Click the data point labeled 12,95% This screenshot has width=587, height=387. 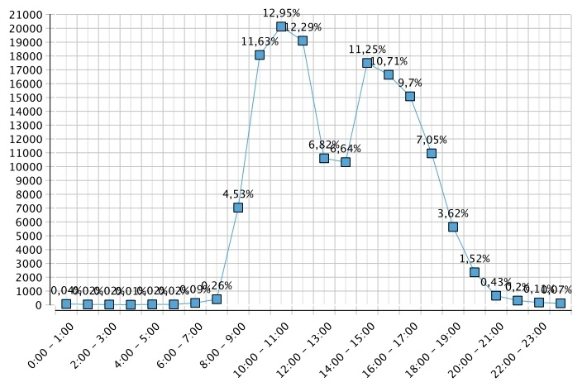click(x=281, y=26)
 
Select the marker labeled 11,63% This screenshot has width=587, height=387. click(x=260, y=55)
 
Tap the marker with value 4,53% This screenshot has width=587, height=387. click(x=238, y=208)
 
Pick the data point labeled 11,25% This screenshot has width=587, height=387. click(x=367, y=63)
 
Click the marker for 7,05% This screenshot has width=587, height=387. click(x=432, y=153)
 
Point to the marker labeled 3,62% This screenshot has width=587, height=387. click(x=453, y=227)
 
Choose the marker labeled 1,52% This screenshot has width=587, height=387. click(x=475, y=272)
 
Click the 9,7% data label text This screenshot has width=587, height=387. click(x=410, y=83)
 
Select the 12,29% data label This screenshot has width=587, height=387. click(x=303, y=27)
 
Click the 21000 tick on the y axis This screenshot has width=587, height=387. click(x=26, y=15)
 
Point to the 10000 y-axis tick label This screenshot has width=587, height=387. click(x=26, y=167)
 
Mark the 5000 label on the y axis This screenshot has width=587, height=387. click(x=29, y=236)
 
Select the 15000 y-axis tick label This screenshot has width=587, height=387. click(x=26, y=98)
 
